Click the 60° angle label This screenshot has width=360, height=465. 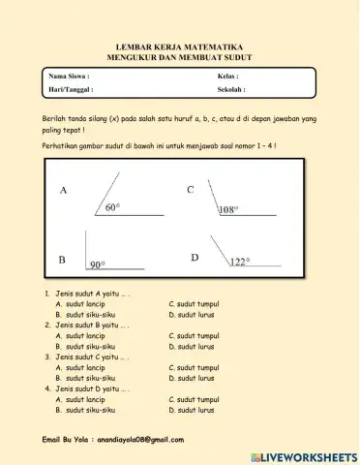pos(112,207)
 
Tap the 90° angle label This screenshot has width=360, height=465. pos(98,263)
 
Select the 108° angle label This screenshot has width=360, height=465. pos(228,209)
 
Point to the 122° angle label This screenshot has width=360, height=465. pos(239,261)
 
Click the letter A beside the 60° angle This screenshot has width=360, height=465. pos(64,191)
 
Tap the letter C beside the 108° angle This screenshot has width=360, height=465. pos(191,190)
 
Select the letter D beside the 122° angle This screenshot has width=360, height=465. pos(195,257)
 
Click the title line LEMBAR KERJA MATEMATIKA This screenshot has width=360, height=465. pos(179,46)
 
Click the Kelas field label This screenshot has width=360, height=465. pos(228,75)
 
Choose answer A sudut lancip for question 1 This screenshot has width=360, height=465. pos(80,303)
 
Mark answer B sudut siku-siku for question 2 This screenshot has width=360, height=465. pos(85,346)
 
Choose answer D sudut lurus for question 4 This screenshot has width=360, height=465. pos(190,410)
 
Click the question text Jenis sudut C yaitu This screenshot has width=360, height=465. pos(88,356)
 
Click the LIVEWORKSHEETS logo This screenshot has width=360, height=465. pos(303,455)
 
